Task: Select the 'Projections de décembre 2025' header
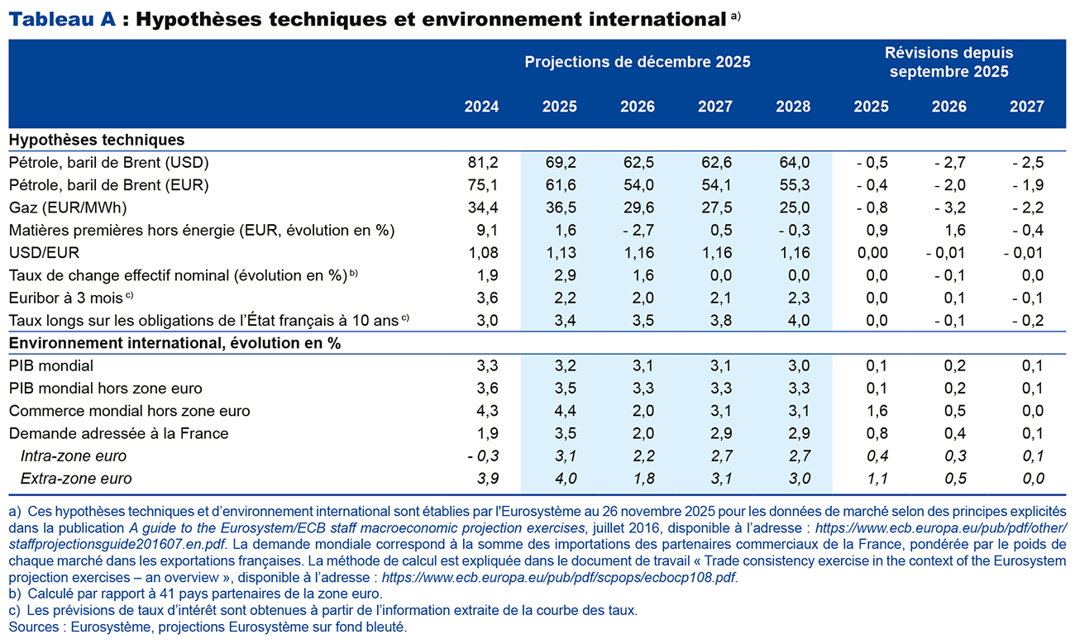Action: (x=637, y=62)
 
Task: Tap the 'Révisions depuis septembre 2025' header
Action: (x=948, y=62)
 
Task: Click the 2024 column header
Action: (x=481, y=107)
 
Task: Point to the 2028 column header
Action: (x=793, y=107)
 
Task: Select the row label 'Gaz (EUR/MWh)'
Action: (x=66, y=208)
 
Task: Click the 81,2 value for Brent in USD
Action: (x=484, y=162)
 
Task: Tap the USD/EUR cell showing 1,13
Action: (x=560, y=252)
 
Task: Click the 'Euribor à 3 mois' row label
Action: (x=67, y=297)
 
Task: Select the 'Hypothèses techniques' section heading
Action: (x=97, y=140)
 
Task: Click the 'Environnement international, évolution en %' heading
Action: (x=174, y=342)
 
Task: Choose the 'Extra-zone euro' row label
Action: (x=75, y=478)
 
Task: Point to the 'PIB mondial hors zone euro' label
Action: (x=105, y=388)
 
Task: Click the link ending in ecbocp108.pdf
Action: (x=558, y=577)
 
